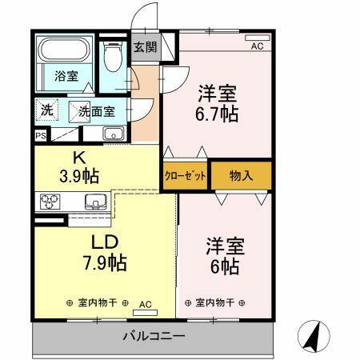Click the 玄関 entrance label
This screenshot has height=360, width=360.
coord(146,47)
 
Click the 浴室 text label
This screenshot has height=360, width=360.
coord(66,78)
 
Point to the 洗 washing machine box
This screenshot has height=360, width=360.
coord(47,111)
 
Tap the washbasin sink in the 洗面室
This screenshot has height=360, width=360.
coord(114,133)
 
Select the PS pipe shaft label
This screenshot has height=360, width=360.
coord(40,136)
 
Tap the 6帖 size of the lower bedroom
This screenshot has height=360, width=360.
coord(223,267)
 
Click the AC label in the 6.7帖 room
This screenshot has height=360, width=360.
coord(257,46)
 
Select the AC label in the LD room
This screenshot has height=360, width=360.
coord(146,304)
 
